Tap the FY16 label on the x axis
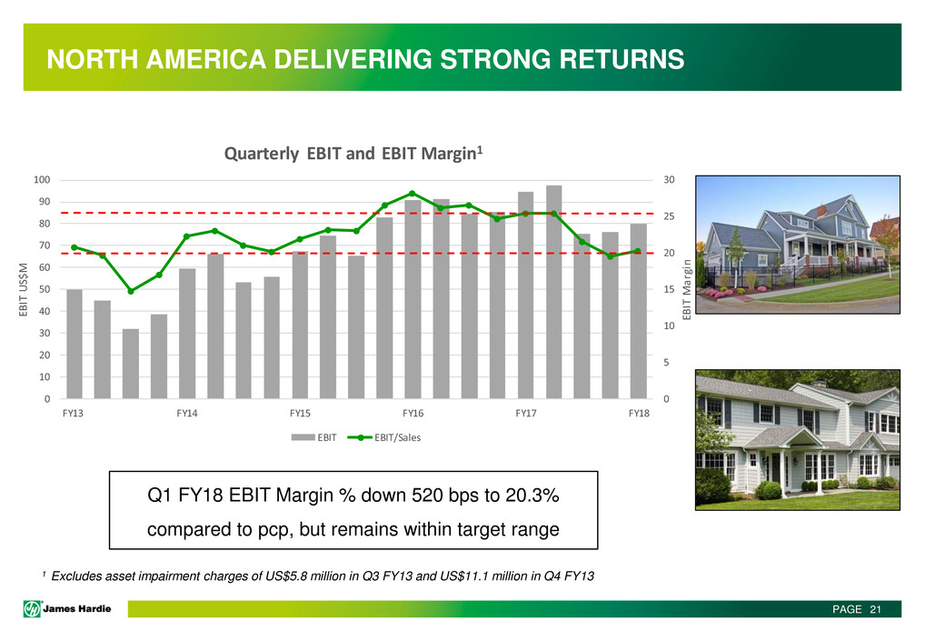tap(413, 413)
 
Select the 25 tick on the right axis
tap(669, 216)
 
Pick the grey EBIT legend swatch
tap(303, 437)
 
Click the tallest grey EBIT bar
tap(554, 292)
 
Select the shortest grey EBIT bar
tap(130, 364)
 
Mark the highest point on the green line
tap(413, 194)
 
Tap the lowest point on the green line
tap(130, 291)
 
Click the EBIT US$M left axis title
tap(24, 290)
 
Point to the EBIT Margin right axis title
tap(687, 290)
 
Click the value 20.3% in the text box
tap(532, 496)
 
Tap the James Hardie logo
tap(67, 608)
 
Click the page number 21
tap(875, 609)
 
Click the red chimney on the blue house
tap(821, 211)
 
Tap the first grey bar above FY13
tap(75, 344)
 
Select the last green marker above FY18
tap(638, 251)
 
